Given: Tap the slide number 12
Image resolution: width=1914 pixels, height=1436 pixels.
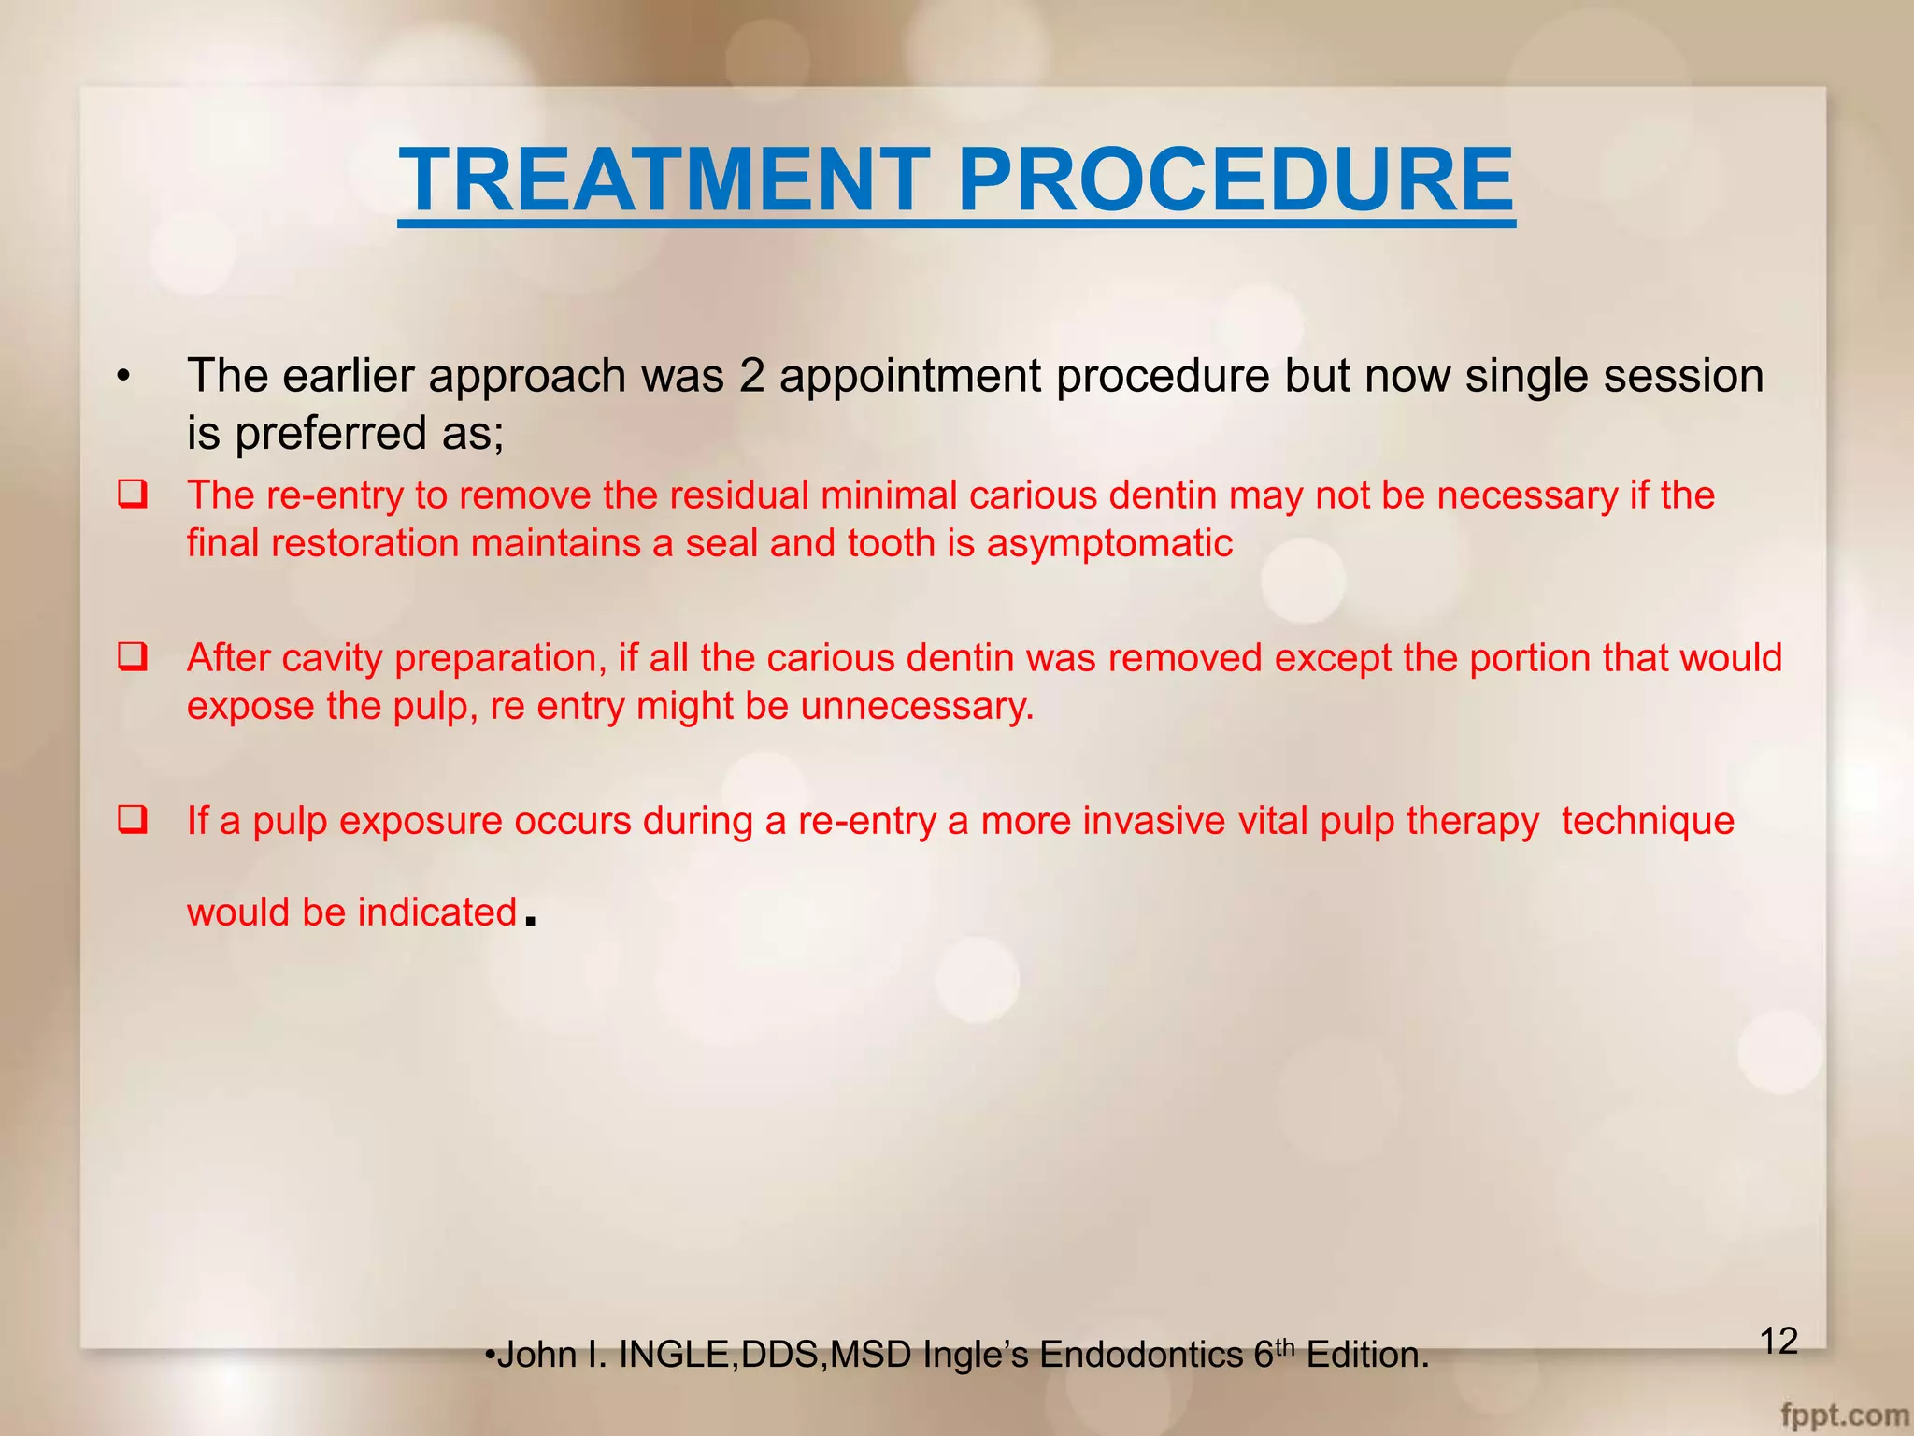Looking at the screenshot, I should pyautogui.click(x=1778, y=1341).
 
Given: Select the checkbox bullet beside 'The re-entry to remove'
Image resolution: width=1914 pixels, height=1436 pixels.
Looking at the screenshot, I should pyautogui.click(x=132, y=494).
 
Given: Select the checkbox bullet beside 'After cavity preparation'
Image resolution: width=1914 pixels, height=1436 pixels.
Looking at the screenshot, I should pyautogui.click(x=132, y=656).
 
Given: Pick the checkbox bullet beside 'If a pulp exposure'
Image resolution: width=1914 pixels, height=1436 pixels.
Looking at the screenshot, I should pyautogui.click(x=132, y=820).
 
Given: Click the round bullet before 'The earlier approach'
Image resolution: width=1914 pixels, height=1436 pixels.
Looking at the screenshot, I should pyautogui.click(x=123, y=377).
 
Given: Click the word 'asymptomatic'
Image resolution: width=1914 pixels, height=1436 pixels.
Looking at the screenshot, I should pyautogui.click(x=1109, y=543).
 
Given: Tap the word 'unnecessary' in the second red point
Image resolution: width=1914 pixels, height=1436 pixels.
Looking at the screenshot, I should pyautogui.click(x=917, y=706).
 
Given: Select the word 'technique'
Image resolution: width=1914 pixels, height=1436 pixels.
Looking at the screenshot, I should pyautogui.click(x=1648, y=821).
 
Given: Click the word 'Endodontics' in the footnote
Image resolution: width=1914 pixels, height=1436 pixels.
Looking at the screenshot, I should pyautogui.click(x=1141, y=1355).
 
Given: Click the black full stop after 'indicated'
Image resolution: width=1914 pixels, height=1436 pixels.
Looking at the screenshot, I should pyautogui.click(x=531, y=921).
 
